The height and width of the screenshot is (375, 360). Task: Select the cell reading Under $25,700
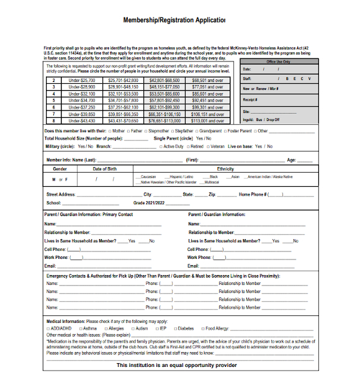pos(81,80)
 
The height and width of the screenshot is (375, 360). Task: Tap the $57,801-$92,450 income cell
pos(163,100)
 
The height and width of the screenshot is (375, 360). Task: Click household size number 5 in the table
pos(54,100)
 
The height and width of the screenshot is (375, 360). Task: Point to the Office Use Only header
pos(277,61)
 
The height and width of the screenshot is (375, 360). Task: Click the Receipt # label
pos(251,99)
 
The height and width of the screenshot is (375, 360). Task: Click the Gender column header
pos(60,168)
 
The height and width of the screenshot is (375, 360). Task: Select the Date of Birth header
pos(105,168)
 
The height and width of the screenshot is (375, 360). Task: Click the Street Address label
pos(61,194)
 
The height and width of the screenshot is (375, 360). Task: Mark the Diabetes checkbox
pos(174,328)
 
